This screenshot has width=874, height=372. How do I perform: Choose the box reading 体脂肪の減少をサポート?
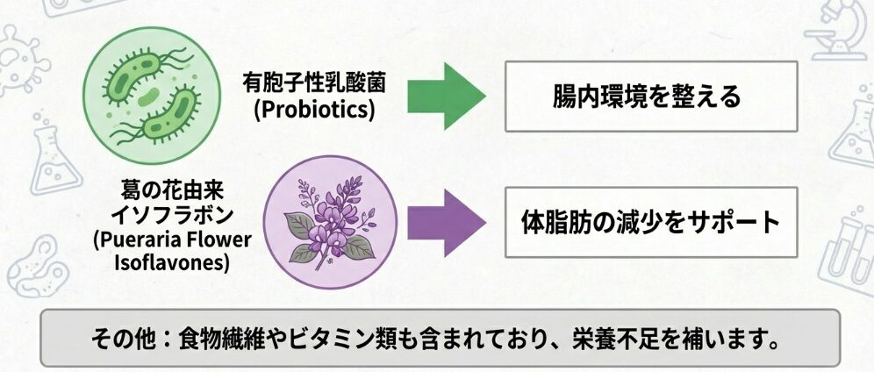point(650,222)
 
